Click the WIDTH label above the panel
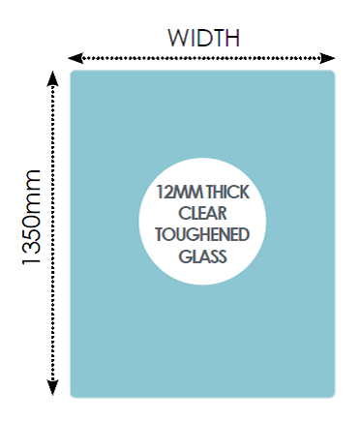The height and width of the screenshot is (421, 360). (203, 38)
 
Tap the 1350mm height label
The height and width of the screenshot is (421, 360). (32, 217)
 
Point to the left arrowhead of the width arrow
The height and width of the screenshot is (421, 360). (75, 58)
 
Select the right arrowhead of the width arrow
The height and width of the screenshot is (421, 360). (328, 58)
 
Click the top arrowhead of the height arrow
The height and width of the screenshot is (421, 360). (52, 78)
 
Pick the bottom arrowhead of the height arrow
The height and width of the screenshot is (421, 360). (52, 387)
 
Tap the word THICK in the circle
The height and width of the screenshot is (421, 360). (227, 193)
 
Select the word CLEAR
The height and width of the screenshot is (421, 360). (202, 214)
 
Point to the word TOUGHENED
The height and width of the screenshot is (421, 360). (202, 234)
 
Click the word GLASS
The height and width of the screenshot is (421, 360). (202, 256)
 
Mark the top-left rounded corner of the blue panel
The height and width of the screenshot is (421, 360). (72, 72)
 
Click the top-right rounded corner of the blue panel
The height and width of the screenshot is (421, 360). (334, 72)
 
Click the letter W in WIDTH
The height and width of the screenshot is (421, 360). (178, 38)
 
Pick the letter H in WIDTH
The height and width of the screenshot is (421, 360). (232, 38)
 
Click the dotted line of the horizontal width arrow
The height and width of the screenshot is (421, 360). (201, 58)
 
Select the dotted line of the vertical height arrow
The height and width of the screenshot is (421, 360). (52, 233)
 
